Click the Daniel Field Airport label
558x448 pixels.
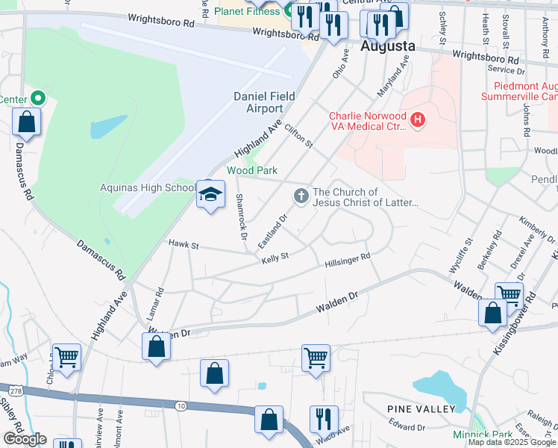click(x=264, y=102)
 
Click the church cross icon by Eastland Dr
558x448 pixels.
click(x=301, y=196)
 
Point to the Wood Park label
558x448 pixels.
click(x=252, y=170)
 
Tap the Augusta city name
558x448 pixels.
click(x=387, y=46)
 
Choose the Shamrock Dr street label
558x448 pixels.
click(x=240, y=217)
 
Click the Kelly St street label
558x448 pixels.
click(x=275, y=258)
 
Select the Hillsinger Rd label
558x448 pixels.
click(x=348, y=261)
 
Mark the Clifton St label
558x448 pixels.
click(x=297, y=136)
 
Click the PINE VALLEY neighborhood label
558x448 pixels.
click(x=421, y=409)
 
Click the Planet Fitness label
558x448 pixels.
click(x=248, y=11)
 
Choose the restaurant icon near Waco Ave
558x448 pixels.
click(x=323, y=418)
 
